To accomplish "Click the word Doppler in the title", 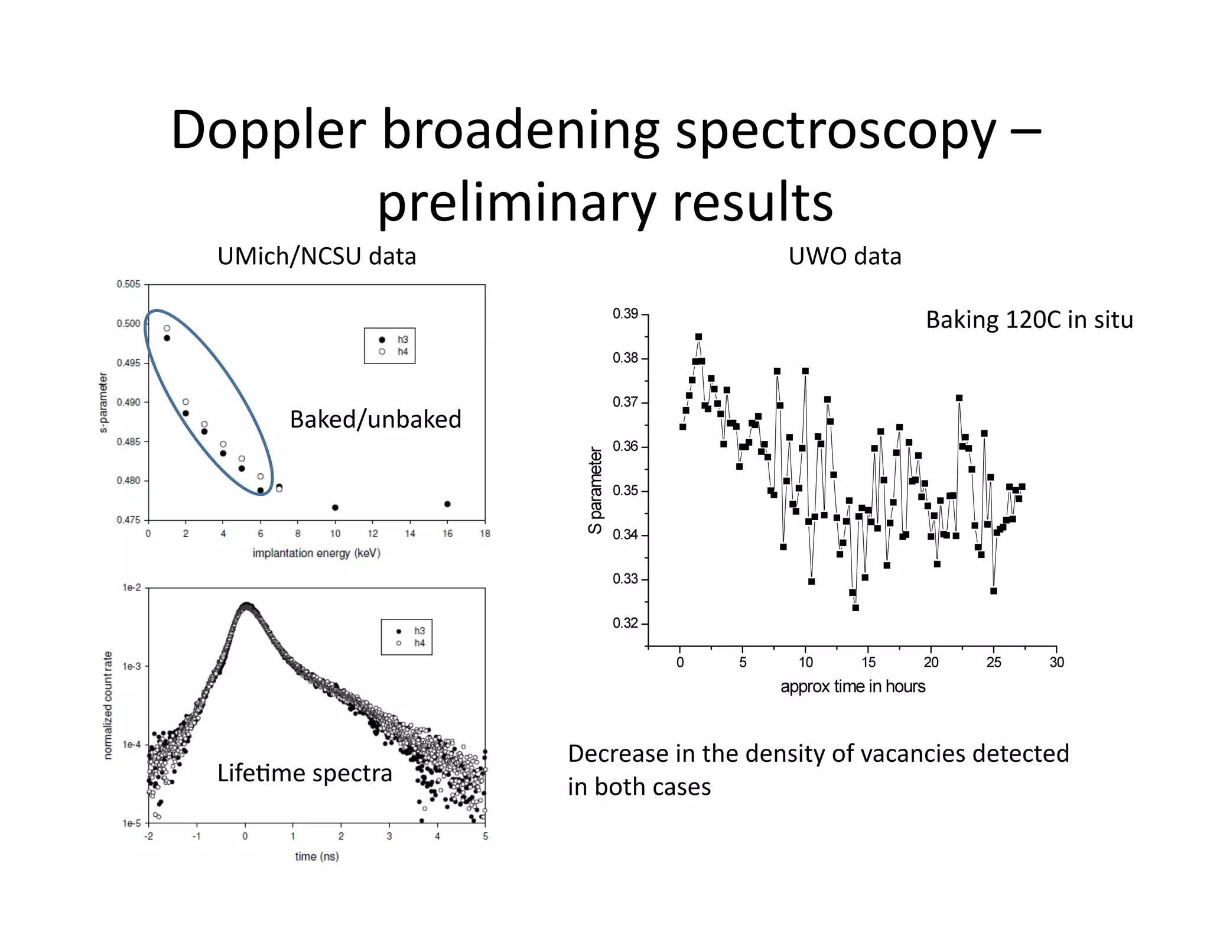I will [x=268, y=131].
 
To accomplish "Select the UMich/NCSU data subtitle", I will [x=317, y=257].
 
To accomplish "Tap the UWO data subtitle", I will [x=844, y=257].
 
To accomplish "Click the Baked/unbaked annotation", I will [x=375, y=419].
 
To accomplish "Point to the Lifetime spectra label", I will [x=304, y=773].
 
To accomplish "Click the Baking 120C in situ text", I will [x=1029, y=320].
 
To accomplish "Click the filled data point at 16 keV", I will [x=447, y=504].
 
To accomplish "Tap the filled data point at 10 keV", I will [x=335, y=508].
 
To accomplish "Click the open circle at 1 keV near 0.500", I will [x=167, y=328].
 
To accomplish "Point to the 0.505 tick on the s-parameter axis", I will [x=128, y=284].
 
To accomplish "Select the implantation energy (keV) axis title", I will [x=316, y=553].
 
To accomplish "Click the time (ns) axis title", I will [x=317, y=856].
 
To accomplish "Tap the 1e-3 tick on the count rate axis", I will [x=131, y=666].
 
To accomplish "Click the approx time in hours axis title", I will [x=852, y=687].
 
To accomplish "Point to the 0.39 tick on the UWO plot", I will [x=625, y=314].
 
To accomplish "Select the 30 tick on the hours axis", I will [x=1056, y=663].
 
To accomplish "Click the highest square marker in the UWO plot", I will [x=698, y=337].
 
